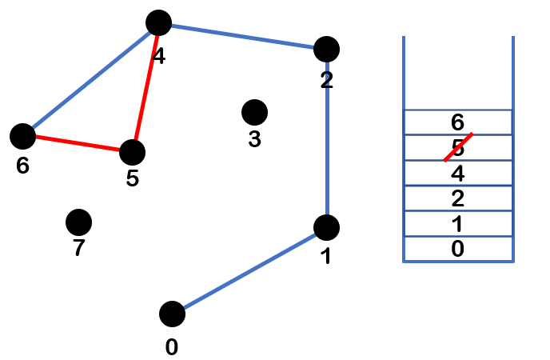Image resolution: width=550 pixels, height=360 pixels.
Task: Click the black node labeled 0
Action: coord(172,314)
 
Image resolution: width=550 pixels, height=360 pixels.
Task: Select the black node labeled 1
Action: coord(326,228)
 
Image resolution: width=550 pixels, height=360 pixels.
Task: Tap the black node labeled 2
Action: coord(326,49)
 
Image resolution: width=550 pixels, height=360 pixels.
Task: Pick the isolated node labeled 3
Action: coord(254,112)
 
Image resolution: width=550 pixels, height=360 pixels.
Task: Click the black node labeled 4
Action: coord(159,23)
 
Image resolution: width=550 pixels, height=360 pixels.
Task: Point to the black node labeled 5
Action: coord(132,151)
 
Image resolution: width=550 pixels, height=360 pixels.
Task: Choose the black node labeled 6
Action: coord(22,136)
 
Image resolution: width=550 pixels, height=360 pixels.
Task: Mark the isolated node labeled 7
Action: coord(78,222)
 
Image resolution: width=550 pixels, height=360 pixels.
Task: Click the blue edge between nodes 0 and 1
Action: coord(249,271)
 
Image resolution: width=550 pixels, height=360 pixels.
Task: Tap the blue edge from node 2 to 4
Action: coord(242,36)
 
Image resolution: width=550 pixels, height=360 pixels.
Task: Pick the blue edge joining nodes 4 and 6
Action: coord(90,80)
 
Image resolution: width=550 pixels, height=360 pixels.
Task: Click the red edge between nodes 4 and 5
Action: coord(145,87)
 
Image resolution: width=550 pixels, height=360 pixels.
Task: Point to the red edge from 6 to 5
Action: coord(78,144)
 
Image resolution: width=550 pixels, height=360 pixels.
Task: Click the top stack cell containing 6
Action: coord(457,122)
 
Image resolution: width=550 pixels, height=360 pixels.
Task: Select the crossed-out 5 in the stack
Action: coord(457,148)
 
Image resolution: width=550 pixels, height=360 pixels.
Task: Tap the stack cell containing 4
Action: coord(457,173)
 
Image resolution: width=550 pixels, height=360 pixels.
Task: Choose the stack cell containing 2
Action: coord(457,198)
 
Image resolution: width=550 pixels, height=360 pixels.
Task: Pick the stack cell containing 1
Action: coord(457,224)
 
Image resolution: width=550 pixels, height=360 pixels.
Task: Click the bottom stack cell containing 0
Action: coord(457,249)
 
